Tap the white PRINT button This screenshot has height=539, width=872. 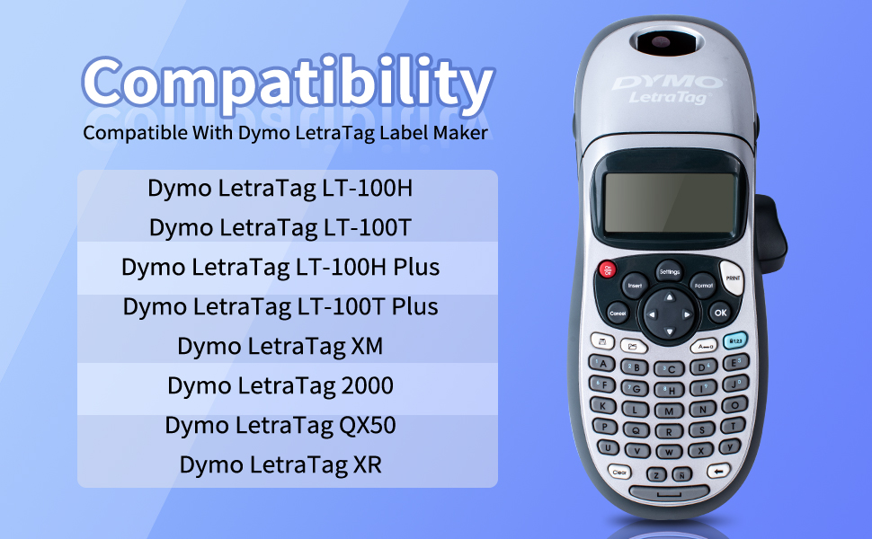click(732, 278)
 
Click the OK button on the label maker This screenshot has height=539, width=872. click(720, 313)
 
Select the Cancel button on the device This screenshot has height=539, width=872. click(618, 314)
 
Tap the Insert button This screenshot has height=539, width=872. click(635, 286)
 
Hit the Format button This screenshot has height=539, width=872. click(703, 285)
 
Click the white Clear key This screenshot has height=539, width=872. click(619, 473)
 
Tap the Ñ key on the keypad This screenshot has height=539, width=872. click(681, 474)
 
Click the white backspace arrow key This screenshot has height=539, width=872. click(718, 472)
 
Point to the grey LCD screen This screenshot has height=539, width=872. click(670, 202)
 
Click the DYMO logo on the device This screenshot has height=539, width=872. click(668, 83)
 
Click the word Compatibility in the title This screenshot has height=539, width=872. click(288, 83)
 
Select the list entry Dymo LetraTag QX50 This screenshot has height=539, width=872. click(280, 426)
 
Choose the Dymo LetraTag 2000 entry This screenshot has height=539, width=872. click(280, 385)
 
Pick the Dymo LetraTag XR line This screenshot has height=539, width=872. click(280, 465)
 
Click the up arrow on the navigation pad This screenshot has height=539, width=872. click(670, 298)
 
